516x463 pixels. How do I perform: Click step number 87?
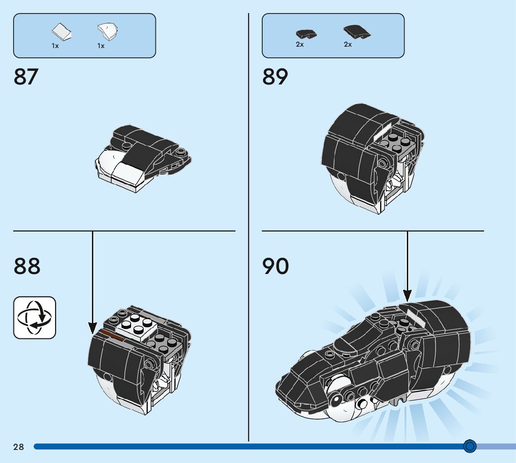click(x=26, y=77)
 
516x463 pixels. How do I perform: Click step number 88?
click(x=27, y=266)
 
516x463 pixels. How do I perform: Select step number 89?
click(x=275, y=77)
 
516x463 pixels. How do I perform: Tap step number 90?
click(x=275, y=266)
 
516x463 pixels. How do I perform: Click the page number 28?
click(x=19, y=447)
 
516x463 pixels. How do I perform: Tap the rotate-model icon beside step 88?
click(x=35, y=317)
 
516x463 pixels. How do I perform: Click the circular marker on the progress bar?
click(x=470, y=447)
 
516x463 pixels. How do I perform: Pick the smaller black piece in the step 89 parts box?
click(x=306, y=33)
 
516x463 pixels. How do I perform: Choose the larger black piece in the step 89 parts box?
click(x=356, y=32)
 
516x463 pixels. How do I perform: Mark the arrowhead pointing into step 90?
click(x=407, y=295)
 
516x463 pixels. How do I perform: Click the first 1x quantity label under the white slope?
click(x=55, y=46)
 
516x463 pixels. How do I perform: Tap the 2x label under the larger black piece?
click(x=348, y=44)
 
